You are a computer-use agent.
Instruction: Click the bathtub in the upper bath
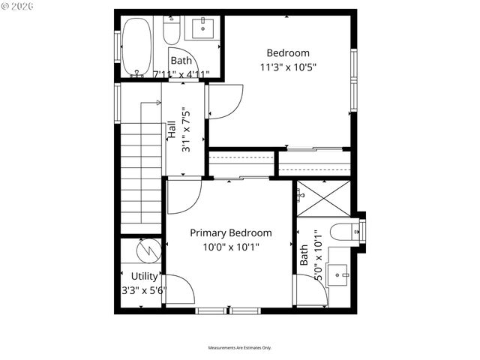click(136, 46)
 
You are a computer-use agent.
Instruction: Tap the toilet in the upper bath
click(171, 31)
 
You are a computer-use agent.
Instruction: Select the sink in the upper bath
click(202, 29)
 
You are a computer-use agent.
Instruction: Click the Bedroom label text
click(288, 53)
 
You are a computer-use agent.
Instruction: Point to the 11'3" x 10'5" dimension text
click(288, 67)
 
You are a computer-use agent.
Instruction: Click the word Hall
click(172, 129)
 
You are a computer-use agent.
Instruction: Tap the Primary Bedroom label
click(230, 233)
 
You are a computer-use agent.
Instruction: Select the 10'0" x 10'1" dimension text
click(230, 247)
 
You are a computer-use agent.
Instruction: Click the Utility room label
click(145, 277)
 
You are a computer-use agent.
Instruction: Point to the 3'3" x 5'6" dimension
click(144, 290)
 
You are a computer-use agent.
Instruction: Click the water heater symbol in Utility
click(148, 247)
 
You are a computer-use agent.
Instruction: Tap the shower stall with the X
click(322, 199)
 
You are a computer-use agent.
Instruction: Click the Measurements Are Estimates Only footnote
click(240, 348)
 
